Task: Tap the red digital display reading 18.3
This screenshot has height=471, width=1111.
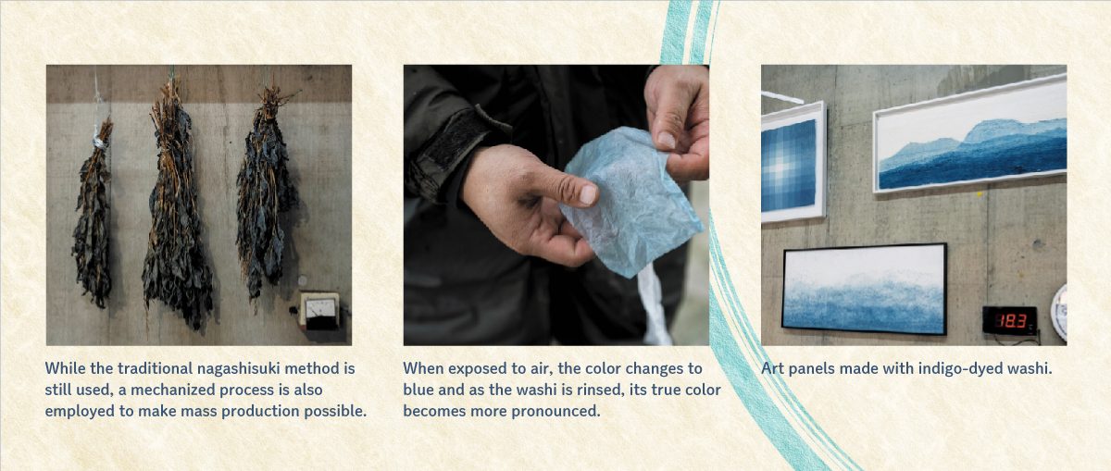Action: tap(1010, 320)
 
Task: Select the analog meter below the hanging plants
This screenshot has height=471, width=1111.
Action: tap(320, 310)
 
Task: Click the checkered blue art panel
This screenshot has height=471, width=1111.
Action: tap(793, 162)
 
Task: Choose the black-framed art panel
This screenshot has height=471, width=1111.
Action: tap(865, 289)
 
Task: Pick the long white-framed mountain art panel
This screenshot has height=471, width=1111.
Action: tap(969, 134)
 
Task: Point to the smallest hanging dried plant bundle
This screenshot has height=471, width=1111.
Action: tap(94, 213)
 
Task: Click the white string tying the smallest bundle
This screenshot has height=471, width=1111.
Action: tap(101, 143)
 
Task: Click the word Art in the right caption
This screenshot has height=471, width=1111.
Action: tap(773, 369)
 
